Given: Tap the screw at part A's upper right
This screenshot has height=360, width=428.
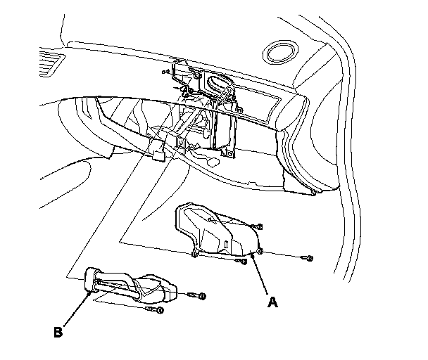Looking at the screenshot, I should [260, 226].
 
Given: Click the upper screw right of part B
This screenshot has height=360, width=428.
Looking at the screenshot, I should [202, 295].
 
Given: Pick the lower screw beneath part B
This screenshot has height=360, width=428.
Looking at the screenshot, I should [160, 309].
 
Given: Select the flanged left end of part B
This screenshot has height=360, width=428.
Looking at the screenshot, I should [89, 278].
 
